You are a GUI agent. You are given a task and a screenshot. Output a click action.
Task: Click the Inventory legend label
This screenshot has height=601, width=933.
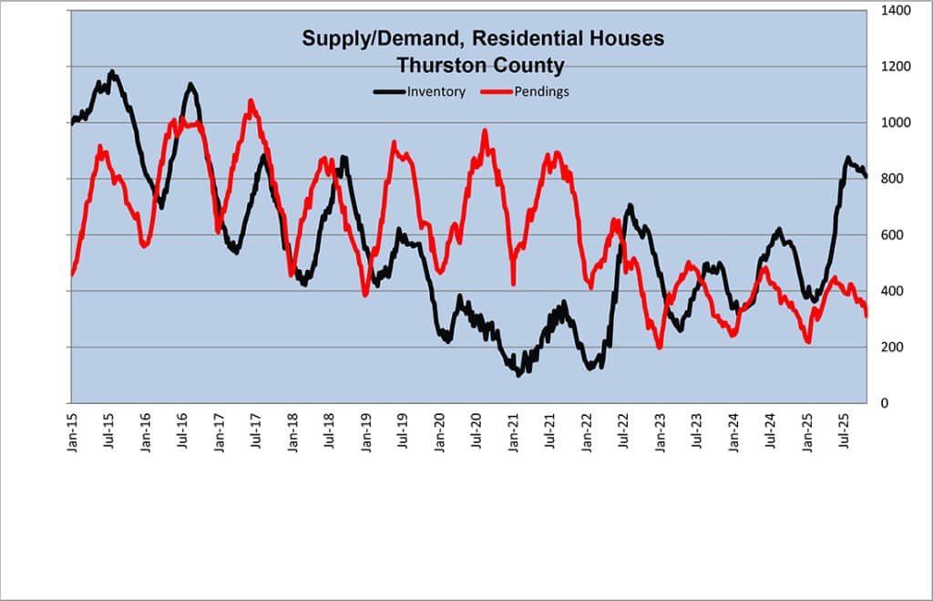436,91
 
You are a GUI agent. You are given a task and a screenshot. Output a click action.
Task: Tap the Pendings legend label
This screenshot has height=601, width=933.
541,91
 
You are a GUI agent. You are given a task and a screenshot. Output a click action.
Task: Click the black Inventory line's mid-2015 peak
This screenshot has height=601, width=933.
112,72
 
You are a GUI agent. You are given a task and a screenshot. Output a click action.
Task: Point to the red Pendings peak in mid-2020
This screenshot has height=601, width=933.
485,131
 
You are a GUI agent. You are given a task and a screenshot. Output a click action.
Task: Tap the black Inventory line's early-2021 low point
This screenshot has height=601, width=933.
518,373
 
